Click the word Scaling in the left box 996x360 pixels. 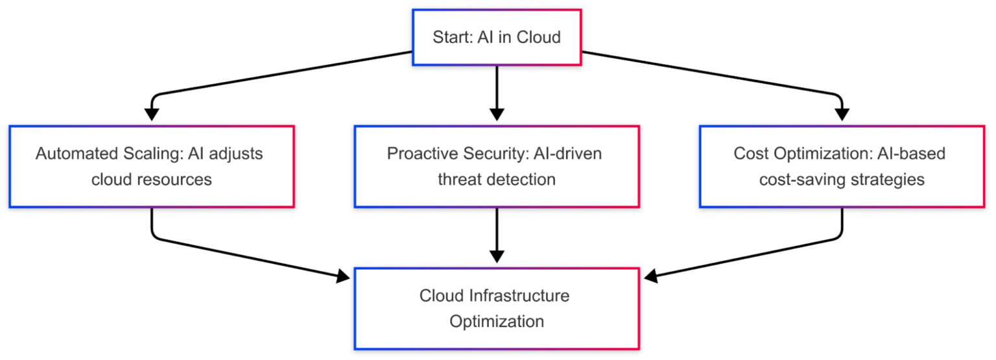147,154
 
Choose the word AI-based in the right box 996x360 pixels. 913,154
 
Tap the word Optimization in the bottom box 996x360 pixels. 497,321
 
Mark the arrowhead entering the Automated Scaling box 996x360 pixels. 152,115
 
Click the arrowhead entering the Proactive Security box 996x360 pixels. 497,115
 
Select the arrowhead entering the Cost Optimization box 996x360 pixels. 842,115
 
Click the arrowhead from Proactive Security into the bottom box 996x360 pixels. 497,257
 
